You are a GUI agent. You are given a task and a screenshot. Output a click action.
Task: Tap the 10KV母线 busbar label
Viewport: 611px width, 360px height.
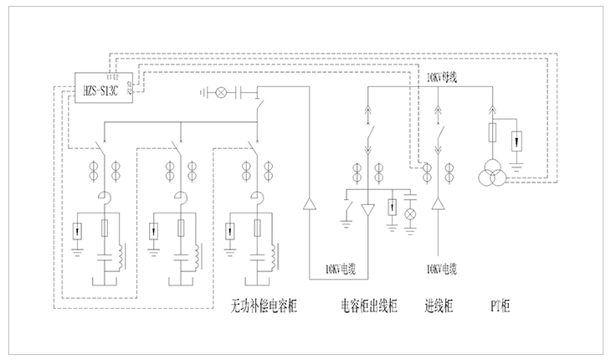coord(441,77)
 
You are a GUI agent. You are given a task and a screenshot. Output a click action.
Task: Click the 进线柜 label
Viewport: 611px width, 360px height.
coord(439,307)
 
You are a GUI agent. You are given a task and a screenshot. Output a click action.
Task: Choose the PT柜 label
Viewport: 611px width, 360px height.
coord(500,307)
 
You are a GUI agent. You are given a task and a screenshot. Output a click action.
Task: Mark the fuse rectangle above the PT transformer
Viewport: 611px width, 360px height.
coord(491,133)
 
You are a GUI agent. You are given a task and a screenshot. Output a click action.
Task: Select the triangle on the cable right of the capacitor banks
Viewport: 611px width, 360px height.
coord(308,203)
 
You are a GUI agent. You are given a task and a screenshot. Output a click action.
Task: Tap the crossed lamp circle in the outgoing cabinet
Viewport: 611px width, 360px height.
coord(410,213)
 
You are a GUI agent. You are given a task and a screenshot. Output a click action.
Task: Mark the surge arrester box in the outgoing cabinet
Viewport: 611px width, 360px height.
coord(392,206)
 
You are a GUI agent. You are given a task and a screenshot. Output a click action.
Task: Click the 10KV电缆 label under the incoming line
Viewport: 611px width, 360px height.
coord(440,270)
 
